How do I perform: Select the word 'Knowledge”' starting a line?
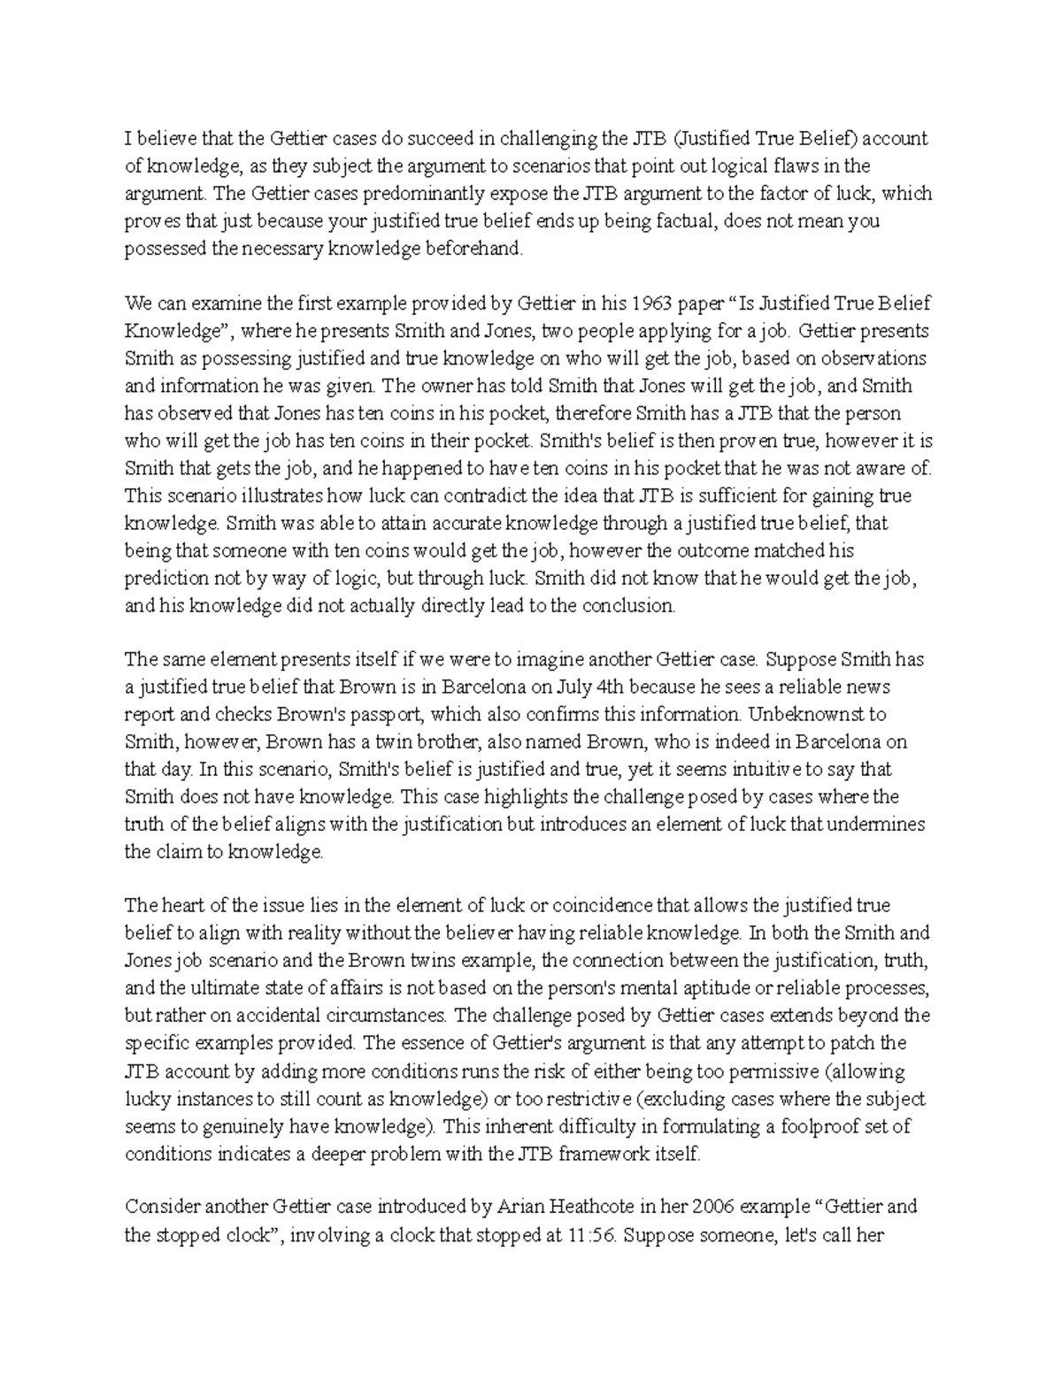173,332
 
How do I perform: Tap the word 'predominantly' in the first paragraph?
361,194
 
